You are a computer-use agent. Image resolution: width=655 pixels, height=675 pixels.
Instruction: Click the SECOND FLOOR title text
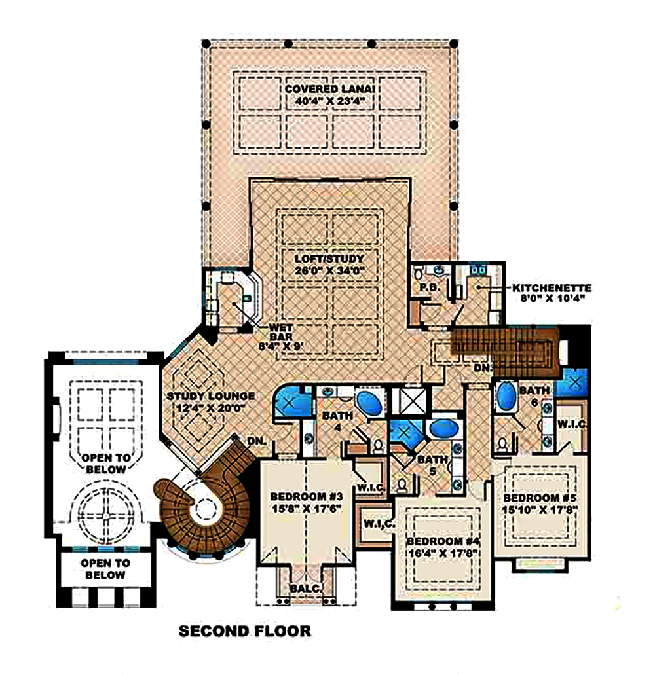(244, 632)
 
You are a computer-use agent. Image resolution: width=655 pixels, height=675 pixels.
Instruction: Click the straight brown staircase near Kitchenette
(504, 350)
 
